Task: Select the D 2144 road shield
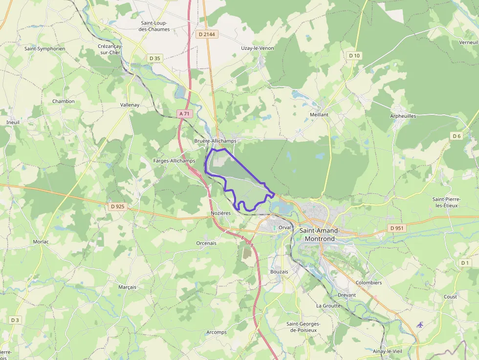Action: [207, 35]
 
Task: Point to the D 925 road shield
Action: [118, 207]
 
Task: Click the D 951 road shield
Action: [397, 228]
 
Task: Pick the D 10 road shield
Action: [354, 56]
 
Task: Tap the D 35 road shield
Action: [154, 58]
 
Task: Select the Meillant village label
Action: [319, 114]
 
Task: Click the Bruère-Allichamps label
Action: [215, 141]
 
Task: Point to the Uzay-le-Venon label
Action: [258, 48]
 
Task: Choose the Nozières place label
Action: [220, 213]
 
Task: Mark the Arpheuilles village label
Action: [403, 116]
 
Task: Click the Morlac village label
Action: [41, 242]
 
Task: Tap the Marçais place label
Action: [127, 287]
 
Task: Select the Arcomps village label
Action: [217, 333]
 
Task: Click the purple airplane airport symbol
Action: [420, 324]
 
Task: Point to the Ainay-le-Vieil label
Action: [387, 351]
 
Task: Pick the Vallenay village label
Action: [130, 105]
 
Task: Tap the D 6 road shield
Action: [457, 136]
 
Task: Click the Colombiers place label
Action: [369, 283]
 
